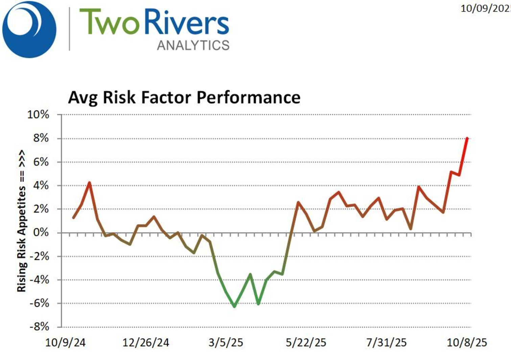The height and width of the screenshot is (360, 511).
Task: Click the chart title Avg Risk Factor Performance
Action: [184, 97]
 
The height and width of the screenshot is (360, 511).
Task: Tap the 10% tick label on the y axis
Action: [38, 115]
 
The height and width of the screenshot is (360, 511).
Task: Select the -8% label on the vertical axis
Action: [39, 327]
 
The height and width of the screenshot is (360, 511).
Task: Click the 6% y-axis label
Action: [40, 162]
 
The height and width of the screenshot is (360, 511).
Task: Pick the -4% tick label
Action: [39, 280]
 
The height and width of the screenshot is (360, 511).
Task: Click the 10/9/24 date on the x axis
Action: [65, 342]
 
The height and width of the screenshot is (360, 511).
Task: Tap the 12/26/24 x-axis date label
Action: [146, 342]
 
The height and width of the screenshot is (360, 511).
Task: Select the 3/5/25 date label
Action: [226, 342]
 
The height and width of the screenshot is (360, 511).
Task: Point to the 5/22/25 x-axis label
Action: [306, 342]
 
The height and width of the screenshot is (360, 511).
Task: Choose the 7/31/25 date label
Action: [386, 342]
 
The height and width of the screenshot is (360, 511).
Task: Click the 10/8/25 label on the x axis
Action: [467, 342]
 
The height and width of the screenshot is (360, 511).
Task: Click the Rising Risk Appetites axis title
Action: [21, 221]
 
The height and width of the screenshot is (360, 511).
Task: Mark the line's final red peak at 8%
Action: [467, 138]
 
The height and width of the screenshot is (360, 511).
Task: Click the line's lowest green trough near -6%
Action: [234, 306]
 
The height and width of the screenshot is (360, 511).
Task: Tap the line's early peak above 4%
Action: [89, 183]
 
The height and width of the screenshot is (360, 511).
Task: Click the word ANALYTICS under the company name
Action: [193, 45]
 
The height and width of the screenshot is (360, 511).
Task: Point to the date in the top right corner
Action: [485, 8]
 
